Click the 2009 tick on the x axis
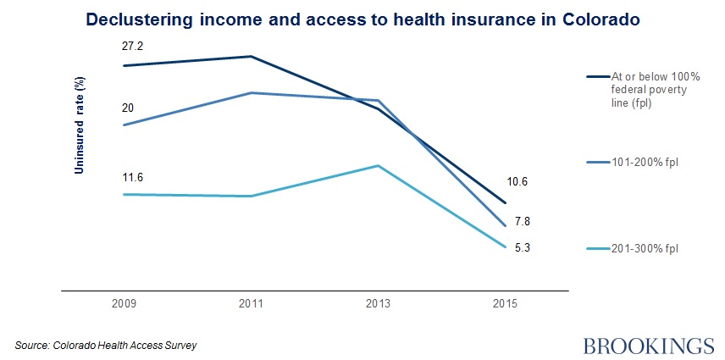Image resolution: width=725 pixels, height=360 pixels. [x=125, y=302]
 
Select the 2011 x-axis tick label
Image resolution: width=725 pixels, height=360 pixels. [x=252, y=302]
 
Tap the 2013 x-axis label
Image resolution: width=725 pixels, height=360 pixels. [x=379, y=302]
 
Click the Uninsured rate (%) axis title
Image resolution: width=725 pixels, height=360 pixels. [x=79, y=124]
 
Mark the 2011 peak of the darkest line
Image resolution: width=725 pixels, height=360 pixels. [x=252, y=57]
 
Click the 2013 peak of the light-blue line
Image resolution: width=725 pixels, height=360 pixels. [x=379, y=166]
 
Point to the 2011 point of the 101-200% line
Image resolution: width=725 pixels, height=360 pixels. [x=252, y=93]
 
